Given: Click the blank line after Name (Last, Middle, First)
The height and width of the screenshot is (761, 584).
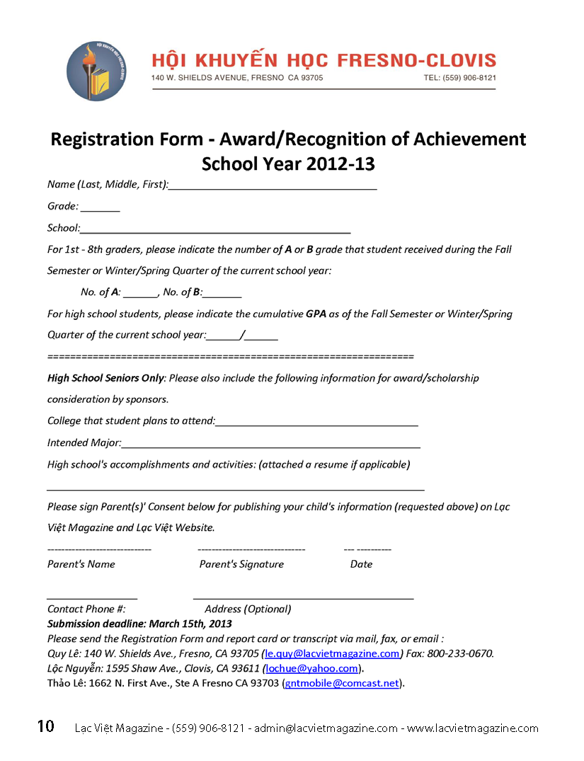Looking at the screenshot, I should (x=273, y=186).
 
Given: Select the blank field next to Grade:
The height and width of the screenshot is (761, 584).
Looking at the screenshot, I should (x=100, y=208).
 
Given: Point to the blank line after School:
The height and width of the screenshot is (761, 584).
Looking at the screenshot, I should (x=216, y=229).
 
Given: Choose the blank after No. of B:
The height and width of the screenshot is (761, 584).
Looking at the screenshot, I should (x=222, y=294).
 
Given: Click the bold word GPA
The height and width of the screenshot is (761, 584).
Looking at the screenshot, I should (x=316, y=314).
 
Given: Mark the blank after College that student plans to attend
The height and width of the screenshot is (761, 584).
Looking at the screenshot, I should (x=316, y=423).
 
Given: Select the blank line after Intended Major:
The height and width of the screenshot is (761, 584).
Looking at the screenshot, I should (x=271, y=445).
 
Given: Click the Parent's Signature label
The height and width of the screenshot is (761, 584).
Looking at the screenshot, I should (x=241, y=564).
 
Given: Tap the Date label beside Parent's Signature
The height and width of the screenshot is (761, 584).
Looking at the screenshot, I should (x=361, y=564).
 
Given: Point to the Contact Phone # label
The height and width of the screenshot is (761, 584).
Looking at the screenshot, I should (x=86, y=609).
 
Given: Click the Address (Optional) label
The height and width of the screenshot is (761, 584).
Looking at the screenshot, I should (x=248, y=609).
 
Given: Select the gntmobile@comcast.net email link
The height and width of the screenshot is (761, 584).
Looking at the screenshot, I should (x=342, y=683).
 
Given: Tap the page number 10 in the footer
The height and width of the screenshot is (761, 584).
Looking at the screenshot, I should (x=45, y=726).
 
